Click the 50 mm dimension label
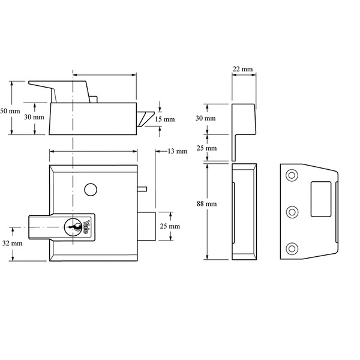click(x=10, y=112)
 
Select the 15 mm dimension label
click(x=165, y=119)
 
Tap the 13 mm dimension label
click(x=177, y=151)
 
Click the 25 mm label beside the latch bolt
click(x=170, y=227)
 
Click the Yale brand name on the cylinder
click(x=88, y=227)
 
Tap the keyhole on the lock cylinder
click(x=74, y=227)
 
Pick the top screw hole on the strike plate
click(x=292, y=175)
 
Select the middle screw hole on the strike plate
click(x=292, y=211)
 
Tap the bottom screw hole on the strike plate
click(x=292, y=248)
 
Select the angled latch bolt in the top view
click(x=145, y=118)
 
